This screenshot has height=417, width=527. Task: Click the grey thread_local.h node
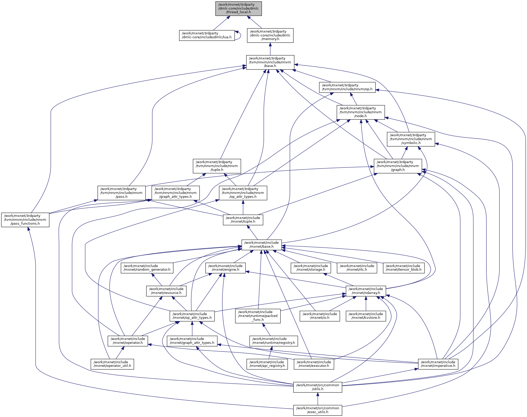[238, 9]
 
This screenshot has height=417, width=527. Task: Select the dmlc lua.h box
[207, 35]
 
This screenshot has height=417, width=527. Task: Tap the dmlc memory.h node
[270, 35]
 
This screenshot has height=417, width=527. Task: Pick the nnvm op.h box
[347, 87]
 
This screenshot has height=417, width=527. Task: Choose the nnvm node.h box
[361, 112]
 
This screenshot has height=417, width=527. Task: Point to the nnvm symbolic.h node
[411, 139]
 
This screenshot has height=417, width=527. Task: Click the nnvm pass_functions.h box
[25, 220]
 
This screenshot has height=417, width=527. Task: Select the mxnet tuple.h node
[243, 220]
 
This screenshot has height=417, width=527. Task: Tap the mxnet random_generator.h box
[147, 268]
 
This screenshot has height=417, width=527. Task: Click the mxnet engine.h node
[225, 268]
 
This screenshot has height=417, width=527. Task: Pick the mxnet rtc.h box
[357, 268]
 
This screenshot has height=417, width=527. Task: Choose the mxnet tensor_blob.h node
[403, 268]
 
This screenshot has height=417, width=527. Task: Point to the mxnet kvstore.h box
[366, 316]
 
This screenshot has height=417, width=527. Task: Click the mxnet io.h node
[320, 316]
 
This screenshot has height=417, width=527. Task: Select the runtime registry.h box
[274, 341]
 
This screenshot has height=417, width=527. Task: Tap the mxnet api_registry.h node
[267, 364]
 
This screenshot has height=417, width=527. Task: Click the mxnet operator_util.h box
[112, 364]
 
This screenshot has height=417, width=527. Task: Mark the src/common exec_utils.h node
[317, 410]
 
